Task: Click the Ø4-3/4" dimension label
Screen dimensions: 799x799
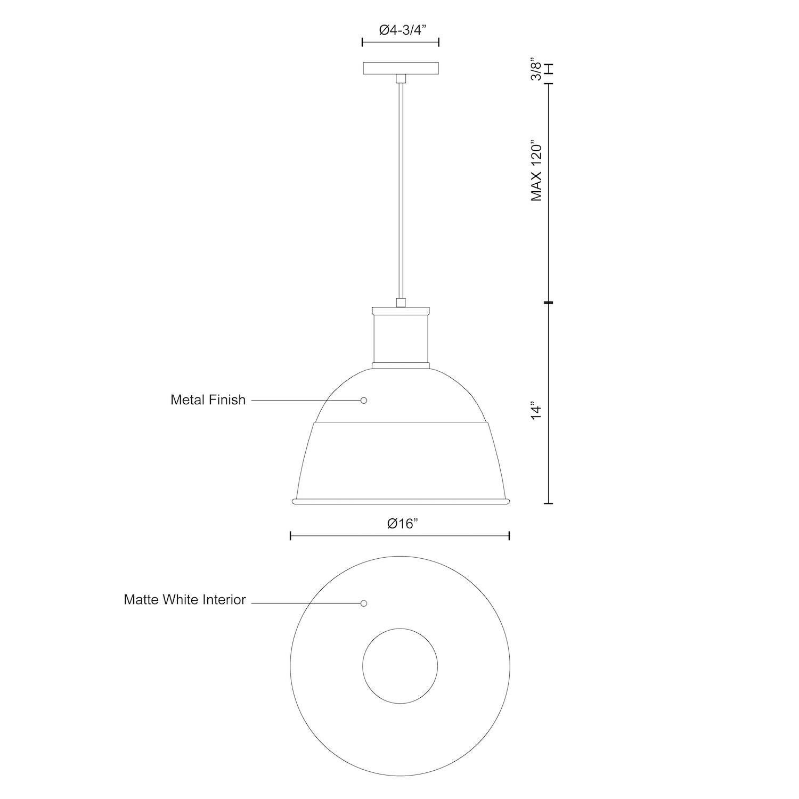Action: pyautogui.click(x=400, y=30)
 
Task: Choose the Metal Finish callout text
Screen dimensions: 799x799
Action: pyautogui.click(x=208, y=399)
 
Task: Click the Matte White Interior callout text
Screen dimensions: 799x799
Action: pyautogui.click(x=184, y=599)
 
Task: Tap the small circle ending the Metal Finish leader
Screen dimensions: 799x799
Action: pyautogui.click(x=364, y=400)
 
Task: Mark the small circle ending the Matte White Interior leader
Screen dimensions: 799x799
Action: pyautogui.click(x=364, y=604)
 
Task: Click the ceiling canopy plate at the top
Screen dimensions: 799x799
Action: pyautogui.click(x=401, y=68)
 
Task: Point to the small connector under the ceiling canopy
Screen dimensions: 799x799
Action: pyautogui.click(x=401, y=79)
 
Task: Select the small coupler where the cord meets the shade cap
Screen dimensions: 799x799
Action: pyautogui.click(x=401, y=303)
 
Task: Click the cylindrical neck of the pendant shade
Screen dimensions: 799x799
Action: pyautogui.click(x=401, y=339)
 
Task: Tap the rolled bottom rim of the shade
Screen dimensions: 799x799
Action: pyautogui.click(x=401, y=501)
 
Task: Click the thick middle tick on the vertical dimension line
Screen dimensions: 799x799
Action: pyautogui.click(x=549, y=303)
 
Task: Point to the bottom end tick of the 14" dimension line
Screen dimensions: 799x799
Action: pyautogui.click(x=549, y=503)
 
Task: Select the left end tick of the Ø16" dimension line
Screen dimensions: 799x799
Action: pyautogui.click(x=290, y=536)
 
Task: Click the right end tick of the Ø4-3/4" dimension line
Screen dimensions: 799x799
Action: pyautogui.click(x=438, y=42)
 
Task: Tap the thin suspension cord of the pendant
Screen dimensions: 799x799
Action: pyautogui.click(x=401, y=192)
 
